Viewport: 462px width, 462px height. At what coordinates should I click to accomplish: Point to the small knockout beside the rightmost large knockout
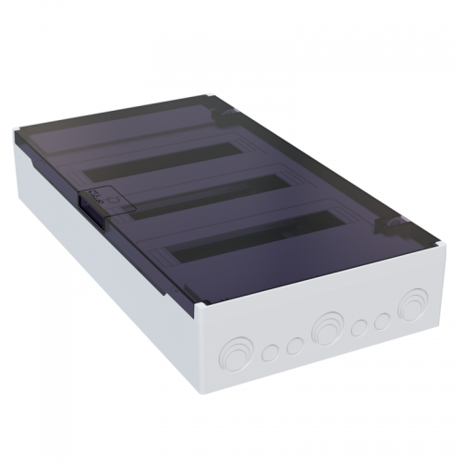pyautogui.click(x=381, y=320)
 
